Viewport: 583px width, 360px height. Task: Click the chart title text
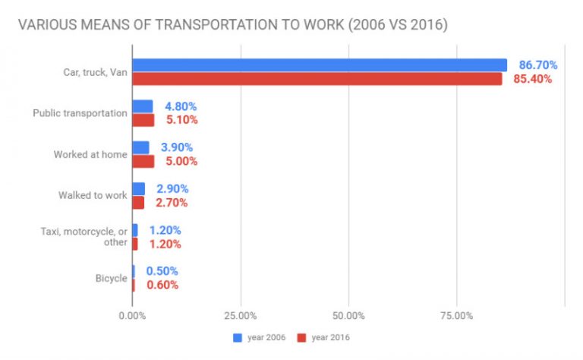[x=232, y=26]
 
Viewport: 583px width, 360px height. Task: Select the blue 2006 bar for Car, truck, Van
[x=319, y=65]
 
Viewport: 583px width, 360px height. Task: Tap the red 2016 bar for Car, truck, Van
[x=317, y=79]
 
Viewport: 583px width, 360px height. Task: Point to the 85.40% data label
[x=532, y=79]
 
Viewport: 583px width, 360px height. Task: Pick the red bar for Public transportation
[x=143, y=120]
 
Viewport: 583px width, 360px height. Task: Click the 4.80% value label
[x=181, y=106]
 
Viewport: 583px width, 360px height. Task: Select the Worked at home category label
[x=90, y=154]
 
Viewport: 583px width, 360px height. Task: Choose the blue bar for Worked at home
[x=141, y=147]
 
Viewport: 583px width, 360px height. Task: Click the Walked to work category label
[x=93, y=195]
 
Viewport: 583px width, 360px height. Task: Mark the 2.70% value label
[x=171, y=202]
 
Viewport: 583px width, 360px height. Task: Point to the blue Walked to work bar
[x=138, y=188]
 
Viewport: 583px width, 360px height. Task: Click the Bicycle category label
[x=111, y=278]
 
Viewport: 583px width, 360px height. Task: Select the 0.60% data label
[x=162, y=285]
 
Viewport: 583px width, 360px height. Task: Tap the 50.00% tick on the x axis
[x=348, y=315]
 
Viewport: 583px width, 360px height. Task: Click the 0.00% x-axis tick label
[x=132, y=315]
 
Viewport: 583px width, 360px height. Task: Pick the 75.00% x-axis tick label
[x=456, y=315]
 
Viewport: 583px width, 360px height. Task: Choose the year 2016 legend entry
[x=329, y=337]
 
